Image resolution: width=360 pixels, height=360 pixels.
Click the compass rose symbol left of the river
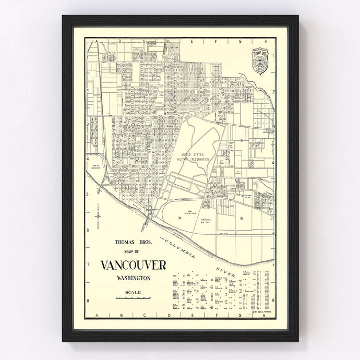click(x=98, y=214)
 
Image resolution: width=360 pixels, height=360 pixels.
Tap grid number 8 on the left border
click(x=87, y=301)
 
